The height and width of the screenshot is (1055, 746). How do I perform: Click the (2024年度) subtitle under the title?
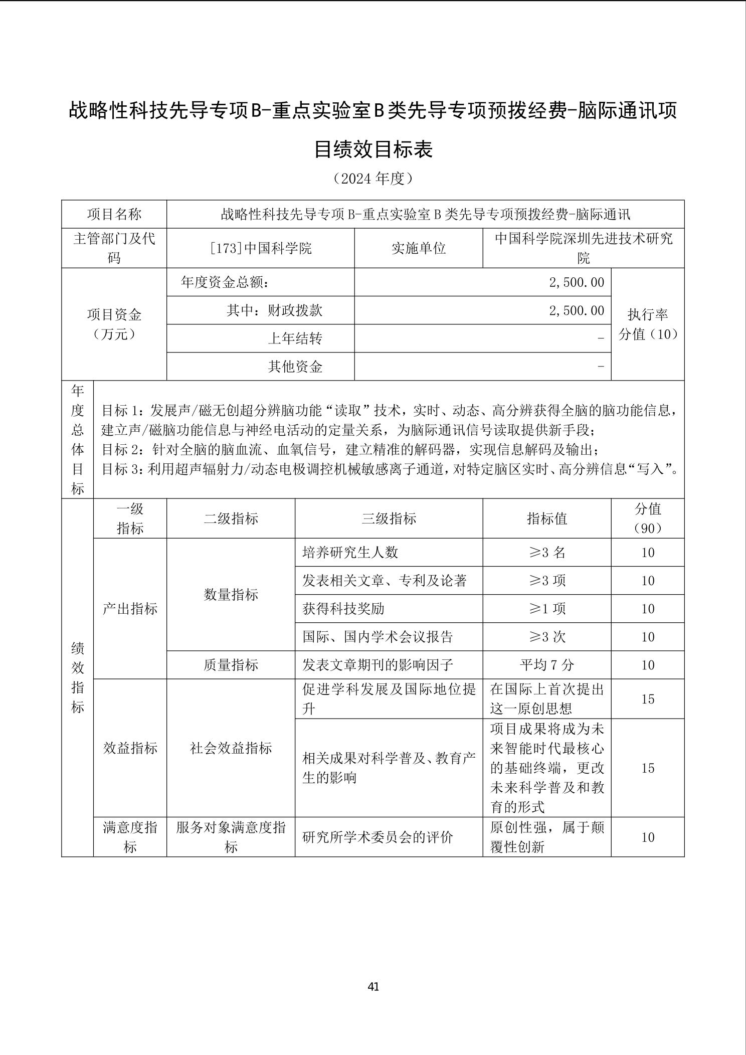(x=373, y=179)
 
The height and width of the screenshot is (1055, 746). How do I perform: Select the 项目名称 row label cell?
(x=114, y=215)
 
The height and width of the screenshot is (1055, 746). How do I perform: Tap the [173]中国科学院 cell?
(x=261, y=248)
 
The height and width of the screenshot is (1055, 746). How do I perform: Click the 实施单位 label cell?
(x=419, y=248)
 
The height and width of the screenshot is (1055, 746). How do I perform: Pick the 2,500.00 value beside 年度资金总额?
(x=577, y=282)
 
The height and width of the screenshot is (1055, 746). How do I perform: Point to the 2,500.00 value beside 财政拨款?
(x=577, y=310)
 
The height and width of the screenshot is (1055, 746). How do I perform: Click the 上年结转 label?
(x=295, y=338)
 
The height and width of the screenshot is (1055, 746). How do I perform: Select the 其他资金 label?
(x=295, y=367)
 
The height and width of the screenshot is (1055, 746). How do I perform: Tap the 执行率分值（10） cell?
(x=648, y=324)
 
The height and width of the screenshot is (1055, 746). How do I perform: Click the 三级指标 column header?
(x=389, y=518)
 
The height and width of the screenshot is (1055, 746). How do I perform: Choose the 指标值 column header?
(x=547, y=518)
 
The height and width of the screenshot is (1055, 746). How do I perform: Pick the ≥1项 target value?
(x=547, y=609)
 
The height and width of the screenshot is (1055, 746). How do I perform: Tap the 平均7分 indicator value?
(x=547, y=665)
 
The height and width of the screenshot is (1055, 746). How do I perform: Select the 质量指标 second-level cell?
(x=231, y=665)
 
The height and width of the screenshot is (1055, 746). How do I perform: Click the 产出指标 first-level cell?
(x=130, y=609)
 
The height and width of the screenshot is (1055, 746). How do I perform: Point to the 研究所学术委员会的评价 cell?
(x=378, y=837)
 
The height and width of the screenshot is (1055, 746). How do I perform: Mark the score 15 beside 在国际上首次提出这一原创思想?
(x=648, y=699)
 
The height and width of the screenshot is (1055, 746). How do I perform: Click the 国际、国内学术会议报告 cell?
(x=378, y=637)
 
